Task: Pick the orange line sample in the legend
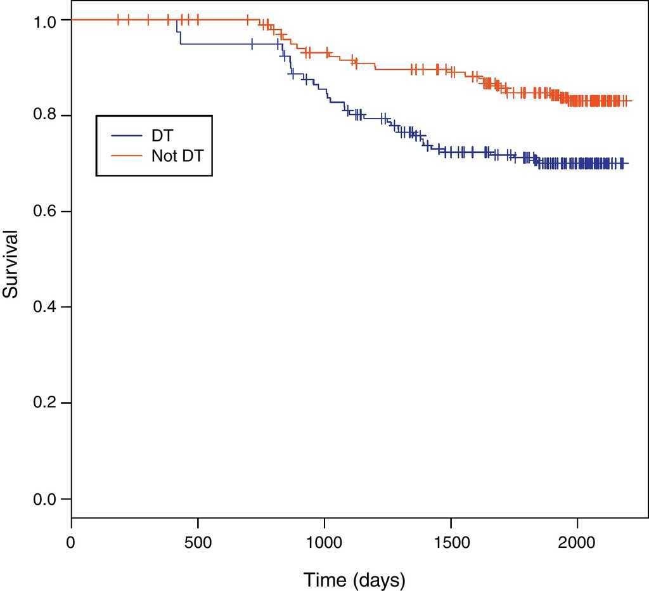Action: click(125, 155)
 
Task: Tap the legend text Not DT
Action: click(177, 155)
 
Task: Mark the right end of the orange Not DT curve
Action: click(631, 101)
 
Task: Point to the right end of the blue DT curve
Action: click(628, 164)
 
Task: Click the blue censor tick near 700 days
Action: click(252, 44)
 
